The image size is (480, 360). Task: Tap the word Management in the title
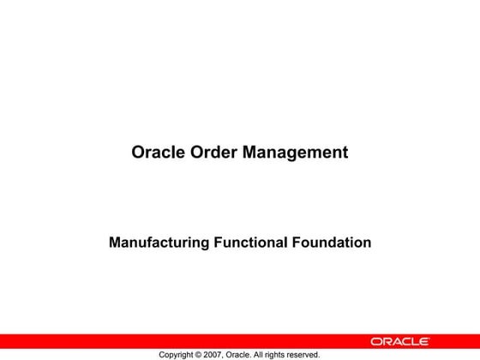(296, 153)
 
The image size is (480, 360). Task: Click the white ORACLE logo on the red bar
(400, 341)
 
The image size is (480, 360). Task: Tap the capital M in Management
(250, 153)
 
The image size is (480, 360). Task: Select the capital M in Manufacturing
(115, 243)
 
